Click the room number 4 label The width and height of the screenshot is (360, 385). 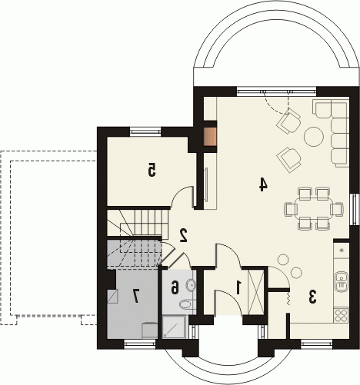[x=263, y=184]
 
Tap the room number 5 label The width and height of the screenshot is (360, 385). [x=152, y=170]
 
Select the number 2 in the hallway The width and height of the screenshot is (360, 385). [x=184, y=235]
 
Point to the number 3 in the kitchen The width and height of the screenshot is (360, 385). [x=312, y=297]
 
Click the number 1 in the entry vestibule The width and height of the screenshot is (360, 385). [x=238, y=287]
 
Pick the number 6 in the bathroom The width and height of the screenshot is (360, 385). [x=175, y=287]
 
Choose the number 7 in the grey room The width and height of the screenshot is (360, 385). [x=135, y=297]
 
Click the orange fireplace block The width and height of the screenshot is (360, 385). [x=210, y=137]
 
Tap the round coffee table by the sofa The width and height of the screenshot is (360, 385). [x=313, y=137]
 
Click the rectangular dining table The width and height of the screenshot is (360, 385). [x=313, y=209]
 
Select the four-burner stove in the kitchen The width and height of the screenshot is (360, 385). [x=341, y=315]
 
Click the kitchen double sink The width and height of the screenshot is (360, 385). [x=342, y=281]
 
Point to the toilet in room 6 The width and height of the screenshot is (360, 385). [x=188, y=304]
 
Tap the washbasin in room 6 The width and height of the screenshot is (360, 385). [x=192, y=285]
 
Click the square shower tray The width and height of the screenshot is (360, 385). [x=174, y=327]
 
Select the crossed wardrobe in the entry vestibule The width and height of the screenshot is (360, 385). [x=255, y=291]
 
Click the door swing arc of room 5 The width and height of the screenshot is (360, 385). [x=180, y=192]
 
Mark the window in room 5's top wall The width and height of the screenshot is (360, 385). [x=145, y=131]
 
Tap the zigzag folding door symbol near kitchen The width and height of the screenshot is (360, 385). [x=288, y=299]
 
